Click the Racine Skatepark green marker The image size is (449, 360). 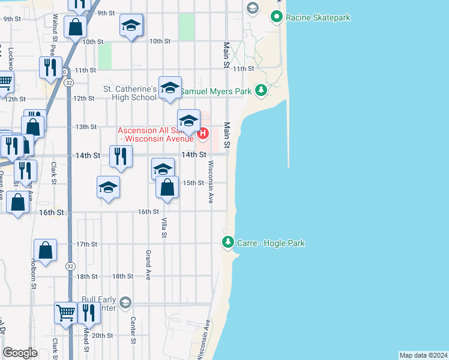click(x=277, y=17)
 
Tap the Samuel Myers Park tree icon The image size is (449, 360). click(x=261, y=91)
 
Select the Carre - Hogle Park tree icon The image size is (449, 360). click(x=228, y=243)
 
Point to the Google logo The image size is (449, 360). click(x=20, y=353)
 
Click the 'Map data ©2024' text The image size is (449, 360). click(x=424, y=355)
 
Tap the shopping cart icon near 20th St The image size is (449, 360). click(x=65, y=312)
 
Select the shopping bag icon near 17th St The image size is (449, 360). click(x=46, y=250)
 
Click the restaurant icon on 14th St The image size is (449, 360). click(x=121, y=157)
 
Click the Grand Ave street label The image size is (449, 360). click(x=148, y=265)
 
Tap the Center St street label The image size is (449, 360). click(x=133, y=326)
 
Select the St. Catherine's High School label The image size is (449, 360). click(x=130, y=94)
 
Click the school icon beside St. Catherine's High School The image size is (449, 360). click(x=170, y=88)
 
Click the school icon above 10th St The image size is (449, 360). click(x=131, y=25)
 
